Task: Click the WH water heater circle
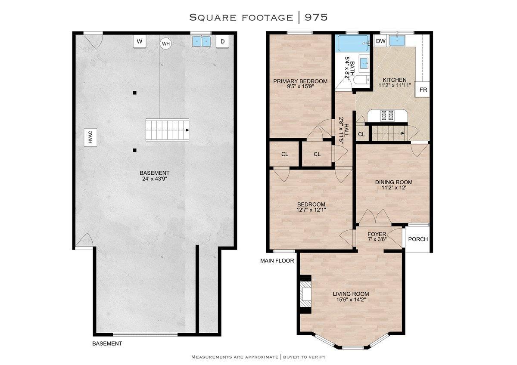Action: tap(166, 44)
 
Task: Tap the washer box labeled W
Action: tap(140, 41)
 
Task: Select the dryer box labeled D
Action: tap(222, 41)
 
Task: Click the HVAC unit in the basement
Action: tap(90, 137)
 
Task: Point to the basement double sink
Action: tap(202, 41)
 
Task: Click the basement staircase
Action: tap(167, 130)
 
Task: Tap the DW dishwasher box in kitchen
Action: tap(380, 41)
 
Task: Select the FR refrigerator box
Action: tap(423, 90)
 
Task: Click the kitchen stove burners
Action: tap(387, 115)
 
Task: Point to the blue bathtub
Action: tap(353, 43)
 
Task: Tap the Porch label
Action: tap(418, 239)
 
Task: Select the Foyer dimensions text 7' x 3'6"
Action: tap(377, 239)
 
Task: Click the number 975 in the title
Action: tap(316, 17)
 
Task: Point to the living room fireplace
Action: tap(305, 294)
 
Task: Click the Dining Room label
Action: tap(394, 182)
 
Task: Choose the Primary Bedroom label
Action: tap(300, 81)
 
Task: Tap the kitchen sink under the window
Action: tap(397, 41)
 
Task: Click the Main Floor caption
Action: tap(277, 260)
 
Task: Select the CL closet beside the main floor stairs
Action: tap(361, 134)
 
